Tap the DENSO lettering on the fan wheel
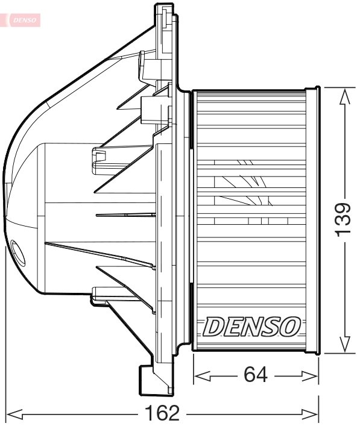click(x=251, y=327)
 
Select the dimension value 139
click(x=343, y=219)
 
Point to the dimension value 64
click(x=256, y=375)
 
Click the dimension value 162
click(x=162, y=414)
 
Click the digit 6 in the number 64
click(x=248, y=375)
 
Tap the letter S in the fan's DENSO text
click(x=271, y=327)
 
